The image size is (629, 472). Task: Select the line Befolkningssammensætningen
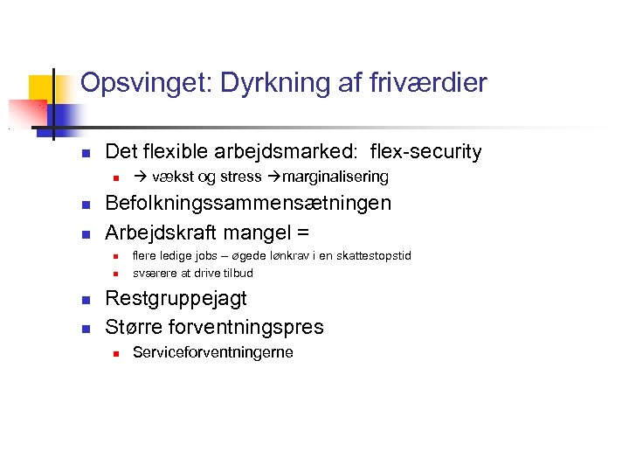click(x=247, y=204)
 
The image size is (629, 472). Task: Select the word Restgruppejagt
click(x=176, y=299)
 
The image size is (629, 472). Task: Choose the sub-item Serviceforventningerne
click(x=212, y=353)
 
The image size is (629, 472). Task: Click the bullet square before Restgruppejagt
click(x=86, y=300)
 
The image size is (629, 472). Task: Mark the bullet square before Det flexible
click(x=86, y=153)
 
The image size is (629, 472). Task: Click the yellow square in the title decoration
click(x=43, y=88)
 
